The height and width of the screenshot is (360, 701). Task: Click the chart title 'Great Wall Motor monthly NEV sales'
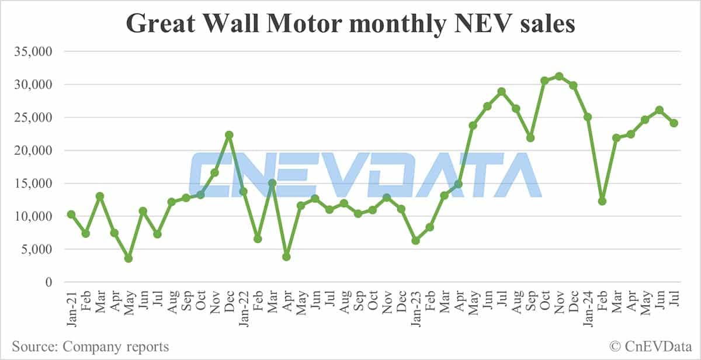tap(350, 24)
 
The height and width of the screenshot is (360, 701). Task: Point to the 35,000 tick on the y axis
tap(34, 51)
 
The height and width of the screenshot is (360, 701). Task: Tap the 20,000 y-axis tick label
tap(34, 150)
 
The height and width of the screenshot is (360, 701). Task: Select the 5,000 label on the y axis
tap(37, 250)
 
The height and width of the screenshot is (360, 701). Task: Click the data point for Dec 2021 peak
tap(229, 135)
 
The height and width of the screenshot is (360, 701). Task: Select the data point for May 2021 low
tap(129, 258)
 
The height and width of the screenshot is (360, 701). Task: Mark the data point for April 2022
tap(286, 257)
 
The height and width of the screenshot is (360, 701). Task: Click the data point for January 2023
tap(415, 241)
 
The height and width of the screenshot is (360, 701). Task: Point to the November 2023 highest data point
tap(559, 76)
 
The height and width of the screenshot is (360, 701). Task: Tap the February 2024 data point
tap(602, 201)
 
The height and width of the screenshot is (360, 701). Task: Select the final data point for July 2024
tap(674, 123)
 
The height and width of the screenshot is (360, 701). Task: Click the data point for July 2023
tap(501, 91)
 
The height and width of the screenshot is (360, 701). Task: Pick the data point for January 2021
tap(71, 214)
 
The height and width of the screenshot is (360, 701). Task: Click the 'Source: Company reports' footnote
tap(91, 347)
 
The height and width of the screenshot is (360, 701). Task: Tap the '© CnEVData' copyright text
tap(647, 347)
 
